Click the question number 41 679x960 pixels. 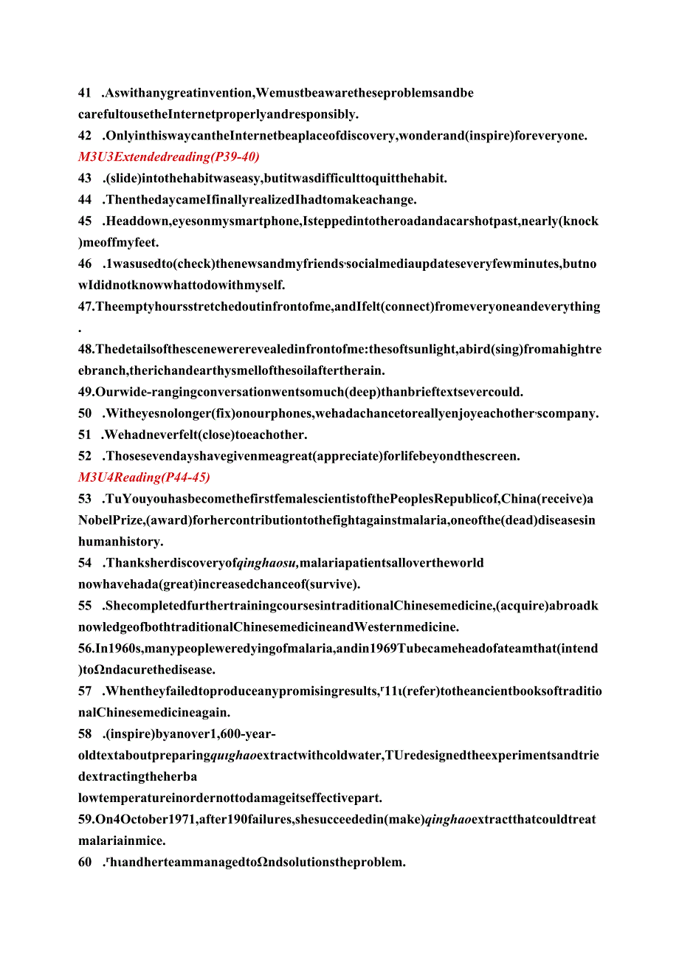click(x=85, y=93)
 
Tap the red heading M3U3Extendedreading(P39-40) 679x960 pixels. click(x=169, y=156)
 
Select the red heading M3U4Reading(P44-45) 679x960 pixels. click(x=144, y=477)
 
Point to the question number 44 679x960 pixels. click(x=85, y=199)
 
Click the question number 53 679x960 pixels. click(x=85, y=499)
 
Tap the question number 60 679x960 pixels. click(x=85, y=862)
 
